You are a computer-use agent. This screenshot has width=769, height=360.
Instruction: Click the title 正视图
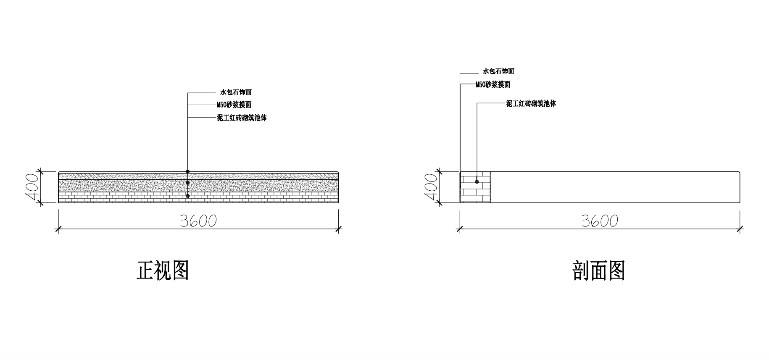tap(163, 271)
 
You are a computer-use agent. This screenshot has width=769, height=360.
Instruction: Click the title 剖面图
tap(599, 271)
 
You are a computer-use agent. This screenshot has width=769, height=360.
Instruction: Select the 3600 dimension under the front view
tap(198, 221)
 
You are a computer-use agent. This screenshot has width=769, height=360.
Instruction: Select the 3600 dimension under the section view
tap(600, 221)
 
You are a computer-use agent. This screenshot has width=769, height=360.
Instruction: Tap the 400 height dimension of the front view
tap(32, 187)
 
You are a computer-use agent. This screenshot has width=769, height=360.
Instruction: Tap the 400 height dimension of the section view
tap(431, 187)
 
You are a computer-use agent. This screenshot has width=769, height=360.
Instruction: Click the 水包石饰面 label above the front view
tap(236, 92)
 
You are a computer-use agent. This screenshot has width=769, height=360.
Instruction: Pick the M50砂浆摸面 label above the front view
tap(234, 105)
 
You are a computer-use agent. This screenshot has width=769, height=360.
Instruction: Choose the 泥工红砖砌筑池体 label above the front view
tap(242, 118)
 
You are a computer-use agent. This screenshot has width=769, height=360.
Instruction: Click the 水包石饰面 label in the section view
tap(498, 71)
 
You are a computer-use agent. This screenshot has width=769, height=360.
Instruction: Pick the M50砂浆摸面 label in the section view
tap(493, 84)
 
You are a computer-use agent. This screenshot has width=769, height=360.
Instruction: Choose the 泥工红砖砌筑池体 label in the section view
tap(531, 103)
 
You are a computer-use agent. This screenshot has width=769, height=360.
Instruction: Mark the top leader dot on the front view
tap(188, 171)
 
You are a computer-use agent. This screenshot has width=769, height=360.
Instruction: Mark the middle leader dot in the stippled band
tap(188, 183)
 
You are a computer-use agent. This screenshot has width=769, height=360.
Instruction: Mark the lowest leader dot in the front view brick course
tap(188, 196)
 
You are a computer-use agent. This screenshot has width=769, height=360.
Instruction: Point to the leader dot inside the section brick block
tap(477, 181)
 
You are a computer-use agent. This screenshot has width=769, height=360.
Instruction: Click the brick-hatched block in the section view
tap(476, 187)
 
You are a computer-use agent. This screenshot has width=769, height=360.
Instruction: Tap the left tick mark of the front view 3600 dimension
tap(58, 229)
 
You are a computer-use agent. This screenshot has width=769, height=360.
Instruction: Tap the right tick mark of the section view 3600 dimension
tap(740, 229)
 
